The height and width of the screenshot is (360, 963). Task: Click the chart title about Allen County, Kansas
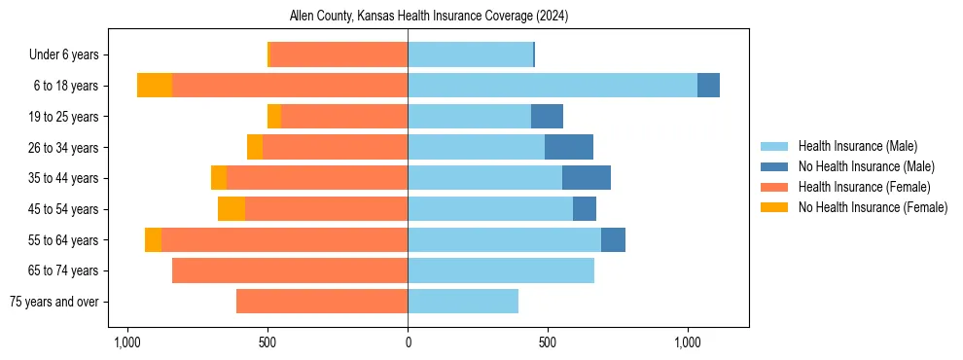[x=429, y=17]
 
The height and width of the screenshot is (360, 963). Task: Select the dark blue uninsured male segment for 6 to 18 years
[x=708, y=86]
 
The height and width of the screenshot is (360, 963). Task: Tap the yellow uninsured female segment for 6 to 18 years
[x=155, y=86]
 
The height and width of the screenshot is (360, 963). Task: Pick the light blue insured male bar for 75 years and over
[x=463, y=302]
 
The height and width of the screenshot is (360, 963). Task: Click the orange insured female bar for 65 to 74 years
[x=290, y=270]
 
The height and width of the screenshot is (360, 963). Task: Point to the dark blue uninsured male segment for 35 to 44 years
[x=587, y=178]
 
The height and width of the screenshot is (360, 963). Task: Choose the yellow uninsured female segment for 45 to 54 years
[x=232, y=209]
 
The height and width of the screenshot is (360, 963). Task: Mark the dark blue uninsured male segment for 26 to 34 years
[x=569, y=147]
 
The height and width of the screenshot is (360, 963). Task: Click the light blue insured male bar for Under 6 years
[x=471, y=54]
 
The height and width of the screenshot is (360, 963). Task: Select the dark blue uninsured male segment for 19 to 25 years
[x=547, y=117]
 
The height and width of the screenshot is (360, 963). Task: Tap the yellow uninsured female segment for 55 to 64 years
[x=153, y=240]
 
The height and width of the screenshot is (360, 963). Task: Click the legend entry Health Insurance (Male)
[x=857, y=146]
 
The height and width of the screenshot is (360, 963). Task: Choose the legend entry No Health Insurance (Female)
[x=873, y=207]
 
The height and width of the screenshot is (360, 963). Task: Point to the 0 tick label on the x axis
[x=409, y=342]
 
